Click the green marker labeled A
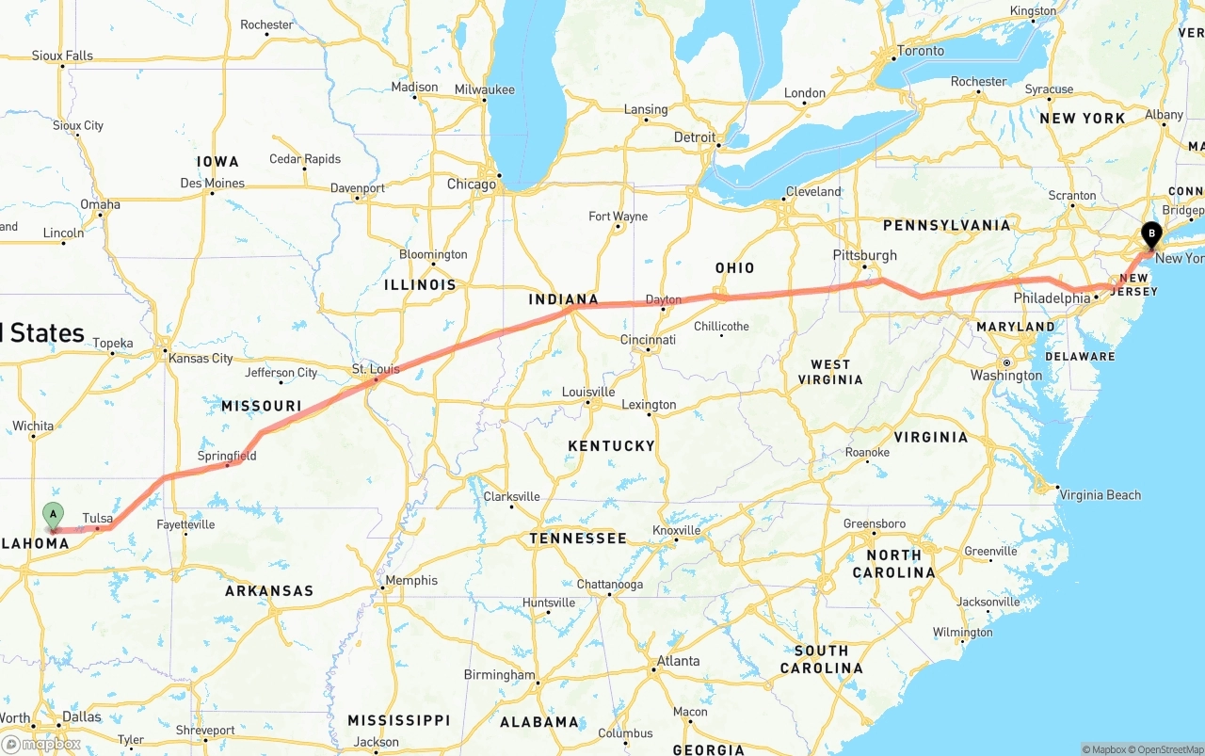[54, 515]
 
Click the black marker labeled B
[1150, 233]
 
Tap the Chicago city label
[471, 184]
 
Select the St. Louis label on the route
[376, 369]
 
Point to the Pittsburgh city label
[864, 255]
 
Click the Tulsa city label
[98, 519]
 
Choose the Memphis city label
[411, 580]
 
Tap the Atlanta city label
[678, 661]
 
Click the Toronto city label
[920, 51]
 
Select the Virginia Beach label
[1100, 494]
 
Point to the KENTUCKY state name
[611, 445]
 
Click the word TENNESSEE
[577, 539]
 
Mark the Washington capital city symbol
[1005, 362]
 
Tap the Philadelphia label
[1052, 298]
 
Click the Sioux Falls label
[62, 56]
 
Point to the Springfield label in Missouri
[227, 456]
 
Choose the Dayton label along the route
[663, 300]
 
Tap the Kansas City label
[201, 358]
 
